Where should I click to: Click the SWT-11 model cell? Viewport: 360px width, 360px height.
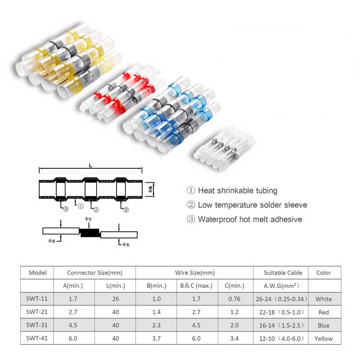click(37, 299)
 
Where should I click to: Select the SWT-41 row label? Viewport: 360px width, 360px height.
click(37, 338)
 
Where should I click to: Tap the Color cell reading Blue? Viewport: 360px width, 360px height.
click(323, 325)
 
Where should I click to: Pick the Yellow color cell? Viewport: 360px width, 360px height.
click(323, 338)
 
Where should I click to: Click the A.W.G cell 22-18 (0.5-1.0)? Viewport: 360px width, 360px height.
click(279, 312)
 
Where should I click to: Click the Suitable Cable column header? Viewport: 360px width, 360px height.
click(279, 272)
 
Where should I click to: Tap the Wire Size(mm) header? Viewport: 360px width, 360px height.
click(194, 272)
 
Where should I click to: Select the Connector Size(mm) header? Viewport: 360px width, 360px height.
click(94, 272)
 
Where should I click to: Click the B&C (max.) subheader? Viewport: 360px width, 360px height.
click(193, 285)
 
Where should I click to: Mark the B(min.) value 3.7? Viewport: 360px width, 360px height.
click(155, 338)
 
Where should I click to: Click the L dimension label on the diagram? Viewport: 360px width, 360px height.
click(91, 166)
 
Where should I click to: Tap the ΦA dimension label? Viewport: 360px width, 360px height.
click(151, 189)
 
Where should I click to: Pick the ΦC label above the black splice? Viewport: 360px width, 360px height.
click(88, 219)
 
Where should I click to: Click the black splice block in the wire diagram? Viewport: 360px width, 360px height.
click(90, 233)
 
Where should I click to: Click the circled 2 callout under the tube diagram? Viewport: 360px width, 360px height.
click(96, 209)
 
